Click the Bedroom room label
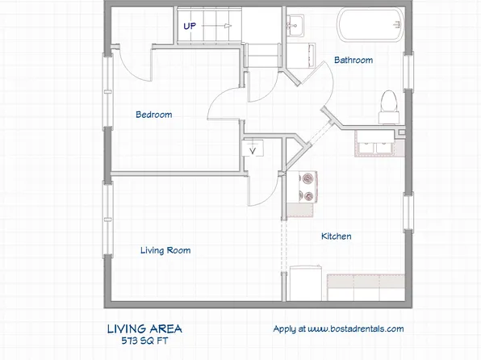tap(153, 115)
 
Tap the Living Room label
tap(165, 250)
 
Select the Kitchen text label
tap(336, 237)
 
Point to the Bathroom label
tap(353, 60)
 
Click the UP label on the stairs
tap(190, 26)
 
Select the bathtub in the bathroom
tap(370, 26)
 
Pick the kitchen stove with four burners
tap(308, 187)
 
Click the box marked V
tap(253, 149)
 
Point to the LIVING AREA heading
tap(144, 329)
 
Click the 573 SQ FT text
tap(144, 341)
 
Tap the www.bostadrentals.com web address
tap(355, 329)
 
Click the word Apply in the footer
tap(284, 329)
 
